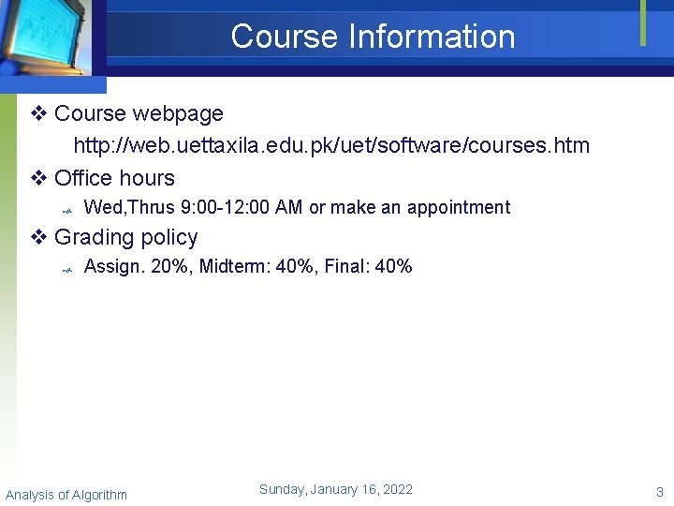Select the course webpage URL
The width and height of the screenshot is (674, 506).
(331, 146)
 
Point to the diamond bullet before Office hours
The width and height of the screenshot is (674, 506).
(39, 178)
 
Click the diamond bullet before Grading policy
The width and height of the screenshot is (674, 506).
(39, 238)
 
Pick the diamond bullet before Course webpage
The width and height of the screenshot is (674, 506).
(39, 114)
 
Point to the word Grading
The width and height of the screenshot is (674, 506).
(94, 238)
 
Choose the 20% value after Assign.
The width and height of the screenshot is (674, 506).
(168, 267)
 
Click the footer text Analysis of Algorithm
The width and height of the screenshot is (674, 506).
(66, 495)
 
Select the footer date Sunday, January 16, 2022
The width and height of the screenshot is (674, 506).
(335, 489)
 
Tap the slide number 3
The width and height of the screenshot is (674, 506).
(659, 492)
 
